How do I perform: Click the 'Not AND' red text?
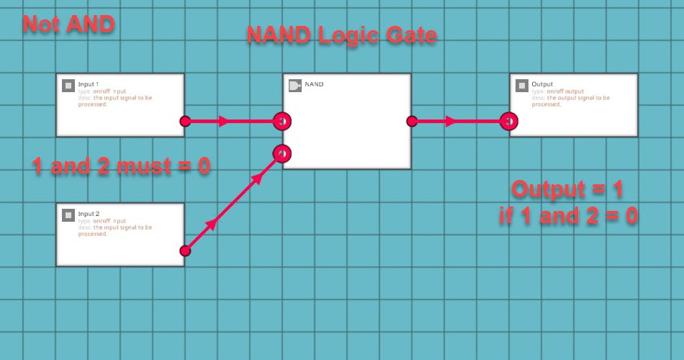pos(68,24)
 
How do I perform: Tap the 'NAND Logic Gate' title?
pos(341,35)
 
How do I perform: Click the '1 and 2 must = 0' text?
pos(121,166)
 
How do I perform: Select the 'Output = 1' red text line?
pos(567,189)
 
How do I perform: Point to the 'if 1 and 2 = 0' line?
pos(568,215)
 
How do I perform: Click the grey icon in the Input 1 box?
pos(68,85)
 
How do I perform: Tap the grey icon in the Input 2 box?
pos(68,214)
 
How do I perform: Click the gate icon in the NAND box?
pos(294,85)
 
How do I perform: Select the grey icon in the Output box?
pos(522,85)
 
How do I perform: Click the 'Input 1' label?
pos(89,84)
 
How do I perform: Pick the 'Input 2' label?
pos(89,213)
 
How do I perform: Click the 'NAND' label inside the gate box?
pos(315,84)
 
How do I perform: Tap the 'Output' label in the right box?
pos(542,84)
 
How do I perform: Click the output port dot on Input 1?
pos(185,121)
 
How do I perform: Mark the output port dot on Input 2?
pos(185,251)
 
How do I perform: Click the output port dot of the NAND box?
pos(412,121)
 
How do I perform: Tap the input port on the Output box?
pos(510,121)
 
